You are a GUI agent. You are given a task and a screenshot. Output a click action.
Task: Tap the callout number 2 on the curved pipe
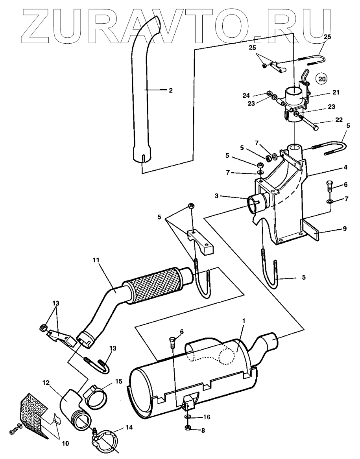(170, 90)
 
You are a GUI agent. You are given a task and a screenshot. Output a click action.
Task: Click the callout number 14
(129, 428)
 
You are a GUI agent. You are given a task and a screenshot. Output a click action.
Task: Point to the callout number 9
(344, 229)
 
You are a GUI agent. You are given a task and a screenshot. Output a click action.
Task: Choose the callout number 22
(339, 120)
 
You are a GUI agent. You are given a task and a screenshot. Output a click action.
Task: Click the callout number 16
(207, 417)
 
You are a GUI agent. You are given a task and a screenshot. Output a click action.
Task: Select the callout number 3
(216, 196)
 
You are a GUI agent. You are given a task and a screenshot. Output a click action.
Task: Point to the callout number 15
(119, 382)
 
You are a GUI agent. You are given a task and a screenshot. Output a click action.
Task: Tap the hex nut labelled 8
(188, 428)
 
